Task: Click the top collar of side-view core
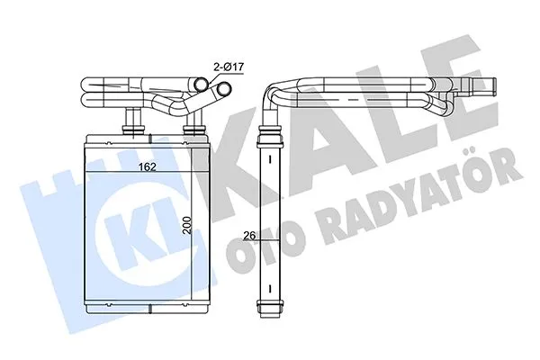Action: pyautogui.click(x=270, y=136)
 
